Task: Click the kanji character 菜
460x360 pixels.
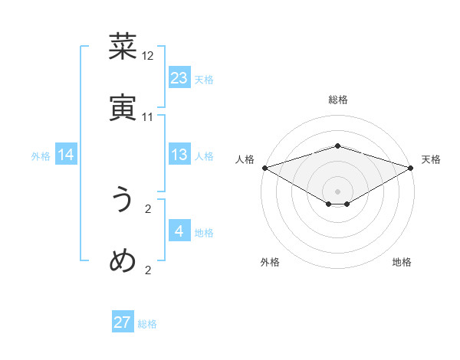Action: pos(123,47)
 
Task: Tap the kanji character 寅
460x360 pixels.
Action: pos(123,108)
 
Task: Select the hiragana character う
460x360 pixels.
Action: pos(123,200)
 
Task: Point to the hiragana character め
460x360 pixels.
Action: pos(123,261)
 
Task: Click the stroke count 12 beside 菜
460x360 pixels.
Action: pos(148,56)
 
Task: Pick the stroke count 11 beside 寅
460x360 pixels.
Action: pos(148,117)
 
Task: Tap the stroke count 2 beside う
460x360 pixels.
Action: pos(148,208)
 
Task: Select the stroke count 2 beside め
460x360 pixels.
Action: pos(148,270)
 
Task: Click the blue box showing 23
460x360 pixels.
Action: pos(179,78)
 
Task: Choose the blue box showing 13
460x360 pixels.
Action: pos(179,155)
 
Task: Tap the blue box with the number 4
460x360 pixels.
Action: pos(179,231)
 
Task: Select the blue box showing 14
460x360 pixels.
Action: pos(66,155)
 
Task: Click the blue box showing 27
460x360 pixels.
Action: pos(123,322)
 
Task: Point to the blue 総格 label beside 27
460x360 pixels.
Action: pos(147,324)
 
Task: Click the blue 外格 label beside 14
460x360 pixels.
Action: pos(41,156)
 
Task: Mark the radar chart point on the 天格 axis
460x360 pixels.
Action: pos(411,168)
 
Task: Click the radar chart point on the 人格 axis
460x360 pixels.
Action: pos(264,168)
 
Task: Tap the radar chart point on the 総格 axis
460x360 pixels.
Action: pos(337,146)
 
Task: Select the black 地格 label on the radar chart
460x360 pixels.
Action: pos(402,263)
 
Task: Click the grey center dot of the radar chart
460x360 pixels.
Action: pos(337,190)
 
